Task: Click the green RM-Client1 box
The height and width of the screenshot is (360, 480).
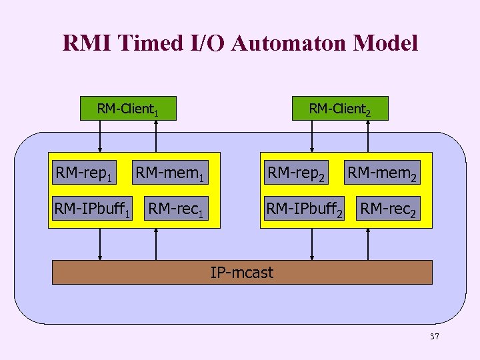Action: click(128, 109)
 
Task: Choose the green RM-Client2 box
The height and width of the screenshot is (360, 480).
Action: click(339, 109)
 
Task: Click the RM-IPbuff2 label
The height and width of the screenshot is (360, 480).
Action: click(305, 209)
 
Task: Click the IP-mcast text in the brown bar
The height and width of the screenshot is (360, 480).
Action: click(241, 272)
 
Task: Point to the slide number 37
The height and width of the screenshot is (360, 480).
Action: click(434, 337)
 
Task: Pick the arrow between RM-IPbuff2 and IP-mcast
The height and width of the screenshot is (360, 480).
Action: click(311, 244)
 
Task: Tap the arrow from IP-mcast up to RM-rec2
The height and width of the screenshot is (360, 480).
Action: click(367, 244)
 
